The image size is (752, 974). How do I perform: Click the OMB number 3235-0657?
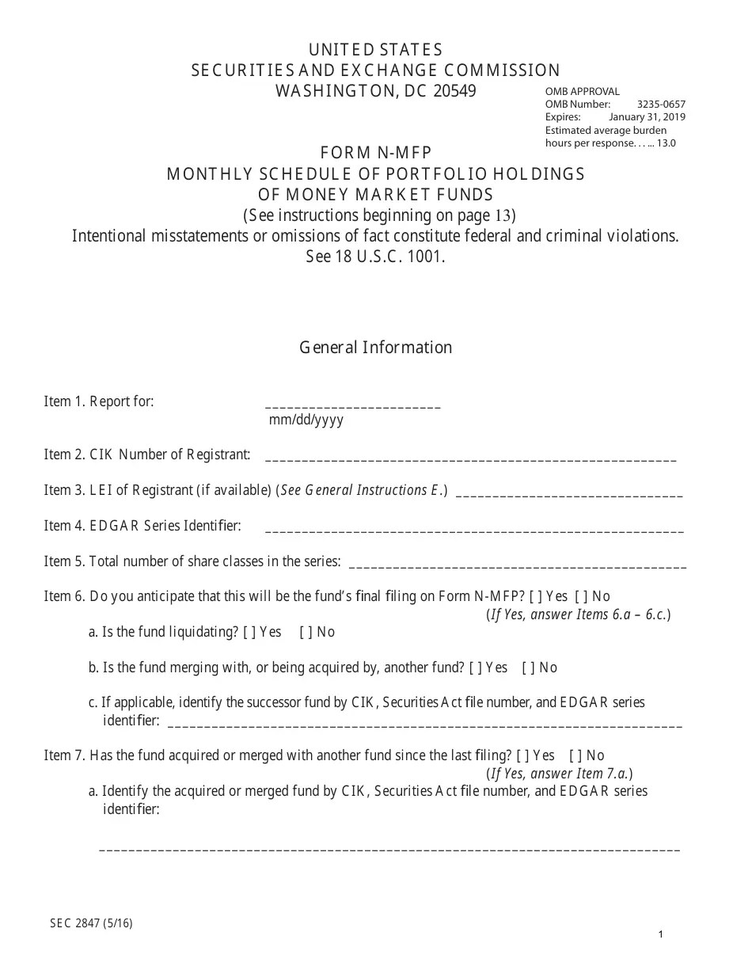(661, 105)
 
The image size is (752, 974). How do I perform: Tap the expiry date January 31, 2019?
(647, 117)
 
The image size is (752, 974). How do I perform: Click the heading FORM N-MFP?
(376, 153)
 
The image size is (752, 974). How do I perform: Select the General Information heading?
(375, 348)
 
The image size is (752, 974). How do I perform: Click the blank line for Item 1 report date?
(353, 405)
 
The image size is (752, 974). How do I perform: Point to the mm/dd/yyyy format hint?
(306, 420)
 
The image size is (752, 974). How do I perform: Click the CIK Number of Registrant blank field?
(470, 458)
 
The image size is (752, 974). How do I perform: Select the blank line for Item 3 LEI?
(569, 494)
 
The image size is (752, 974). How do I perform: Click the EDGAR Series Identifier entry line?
(474, 529)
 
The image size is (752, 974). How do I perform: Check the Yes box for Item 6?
(535, 596)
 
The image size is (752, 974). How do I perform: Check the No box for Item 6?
(580, 596)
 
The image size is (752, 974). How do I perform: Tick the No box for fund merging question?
(527, 668)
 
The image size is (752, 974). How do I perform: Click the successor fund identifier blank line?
(425, 724)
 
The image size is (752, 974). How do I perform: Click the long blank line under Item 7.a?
(389, 849)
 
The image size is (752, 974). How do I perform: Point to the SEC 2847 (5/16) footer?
(91, 923)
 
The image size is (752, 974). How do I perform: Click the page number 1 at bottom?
(660, 935)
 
